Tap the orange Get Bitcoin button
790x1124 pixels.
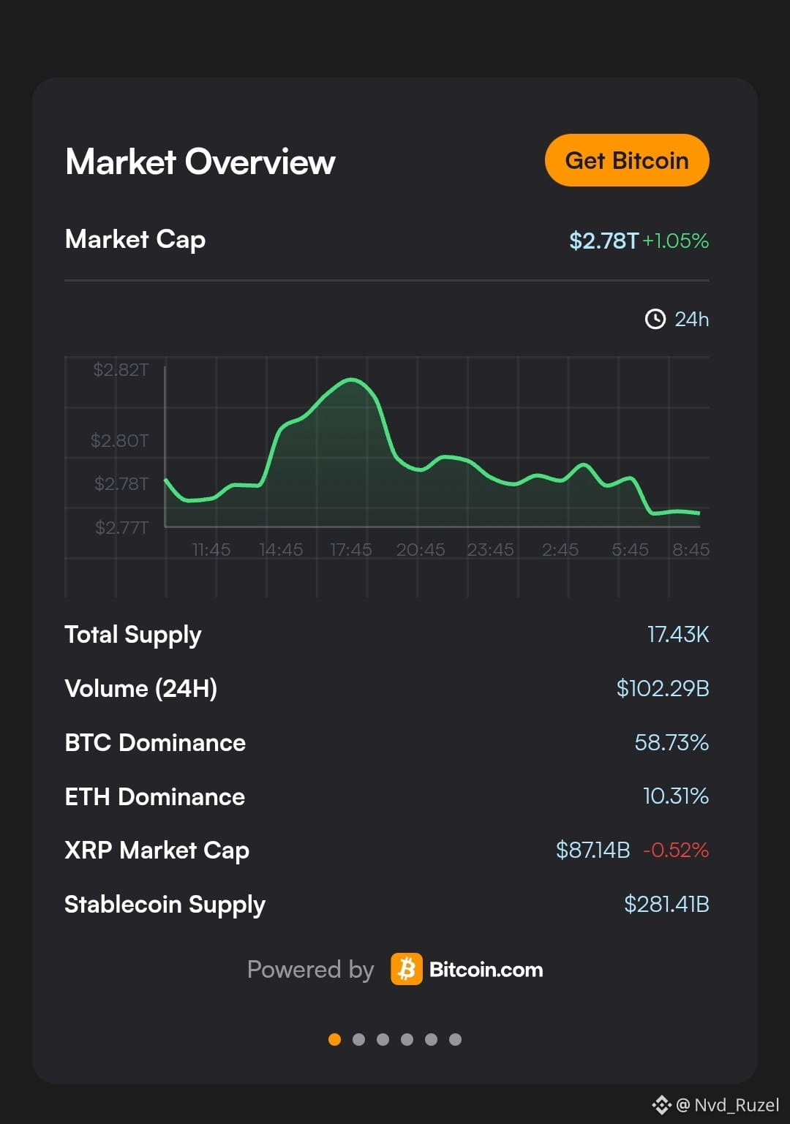coord(627,160)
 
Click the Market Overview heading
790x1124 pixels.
coord(200,162)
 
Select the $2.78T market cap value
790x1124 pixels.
coord(603,241)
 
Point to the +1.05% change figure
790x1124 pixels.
coord(676,241)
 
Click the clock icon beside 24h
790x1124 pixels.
coord(655,319)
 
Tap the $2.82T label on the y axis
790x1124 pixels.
coord(121,370)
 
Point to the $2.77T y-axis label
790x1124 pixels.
coord(121,527)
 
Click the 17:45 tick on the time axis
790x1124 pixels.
coord(350,550)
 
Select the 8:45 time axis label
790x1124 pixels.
coord(691,550)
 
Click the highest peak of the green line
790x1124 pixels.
coord(351,380)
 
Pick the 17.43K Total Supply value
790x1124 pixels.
coord(678,634)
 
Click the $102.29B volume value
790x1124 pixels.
coord(663,688)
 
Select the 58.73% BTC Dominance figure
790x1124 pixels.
coord(671,742)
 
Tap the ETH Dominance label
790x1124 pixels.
coord(155,796)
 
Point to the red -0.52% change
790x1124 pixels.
coord(676,850)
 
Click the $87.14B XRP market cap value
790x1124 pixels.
coord(592,850)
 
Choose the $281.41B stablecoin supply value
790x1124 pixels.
coord(666,904)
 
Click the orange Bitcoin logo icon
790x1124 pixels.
coord(407,969)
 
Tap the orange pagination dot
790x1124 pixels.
coord(334,1039)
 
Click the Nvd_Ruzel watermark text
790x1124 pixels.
coord(737,1104)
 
